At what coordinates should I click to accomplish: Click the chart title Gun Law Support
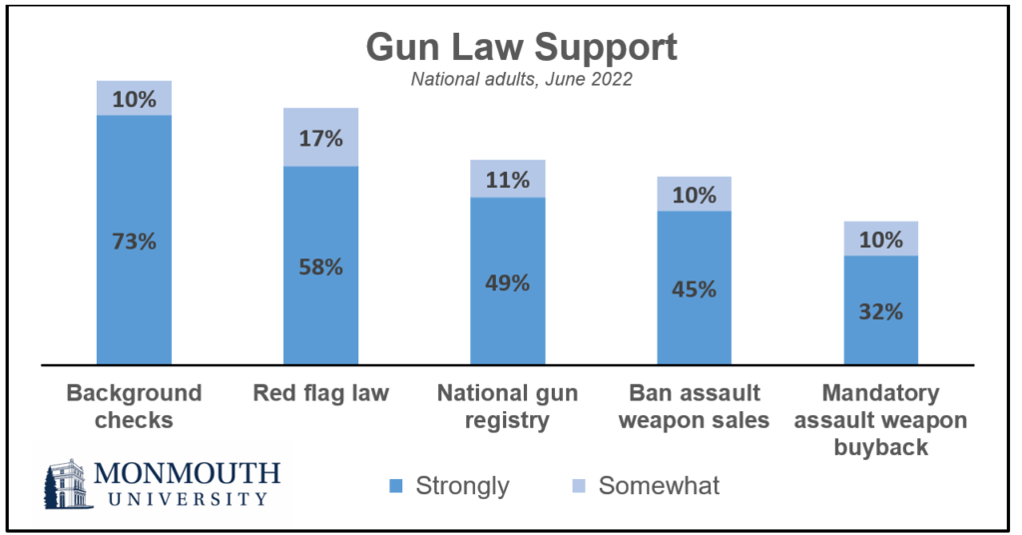point(521,48)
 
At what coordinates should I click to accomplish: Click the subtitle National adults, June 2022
point(521,81)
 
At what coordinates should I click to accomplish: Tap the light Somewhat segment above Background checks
point(134,98)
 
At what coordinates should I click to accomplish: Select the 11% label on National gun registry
point(507,180)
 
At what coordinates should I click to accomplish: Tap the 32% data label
point(880,310)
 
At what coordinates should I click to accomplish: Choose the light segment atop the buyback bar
point(880,239)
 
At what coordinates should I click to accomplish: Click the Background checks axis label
point(134,406)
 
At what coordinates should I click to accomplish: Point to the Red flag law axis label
point(321,393)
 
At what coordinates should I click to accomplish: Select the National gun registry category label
point(507,406)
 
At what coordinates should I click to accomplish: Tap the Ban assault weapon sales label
point(694,406)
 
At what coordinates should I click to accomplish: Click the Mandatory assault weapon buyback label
point(880,419)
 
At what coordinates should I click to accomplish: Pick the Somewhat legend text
point(659,487)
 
